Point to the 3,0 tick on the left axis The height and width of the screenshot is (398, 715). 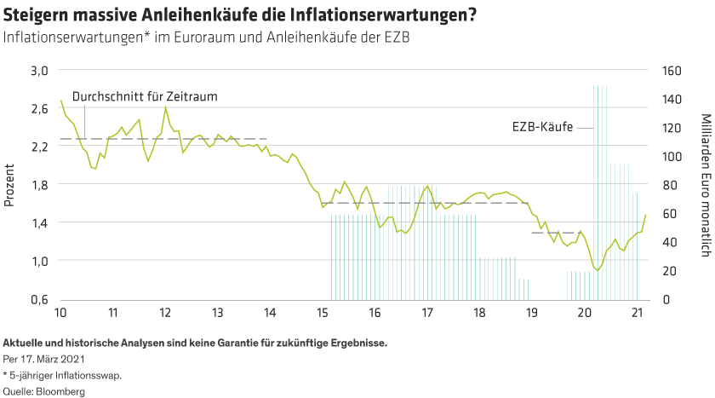tap(41, 70)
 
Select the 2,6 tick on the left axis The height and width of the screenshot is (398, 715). tap(41, 108)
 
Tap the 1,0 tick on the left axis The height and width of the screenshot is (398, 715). tap(41, 261)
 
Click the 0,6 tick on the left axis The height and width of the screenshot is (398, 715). tap(41, 299)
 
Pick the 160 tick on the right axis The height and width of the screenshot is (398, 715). tap(671, 70)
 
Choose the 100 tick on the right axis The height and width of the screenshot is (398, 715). tap(671, 156)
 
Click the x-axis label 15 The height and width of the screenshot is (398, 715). tap(322, 312)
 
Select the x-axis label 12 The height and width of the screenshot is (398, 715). tap(164, 312)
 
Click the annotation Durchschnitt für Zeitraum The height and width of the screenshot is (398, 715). tap(145, 97)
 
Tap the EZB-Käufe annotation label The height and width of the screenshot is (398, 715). tap(541, 127)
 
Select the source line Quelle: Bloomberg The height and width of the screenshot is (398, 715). tap(45, 391)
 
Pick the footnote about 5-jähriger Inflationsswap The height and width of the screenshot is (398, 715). tap(61, 376)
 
